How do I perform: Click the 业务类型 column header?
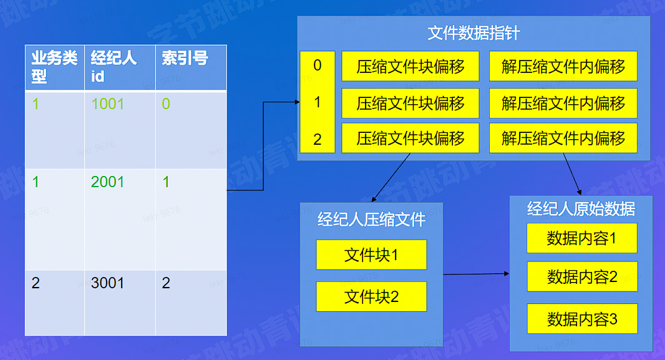coord(54,67)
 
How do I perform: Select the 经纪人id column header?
coord(119,67)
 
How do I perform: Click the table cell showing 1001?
coord(108,104)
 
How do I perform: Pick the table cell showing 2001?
coord(108,182)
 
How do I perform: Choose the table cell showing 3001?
coord(108,283)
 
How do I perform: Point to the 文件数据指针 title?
coord(474,34)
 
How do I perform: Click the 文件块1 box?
coord(371,255)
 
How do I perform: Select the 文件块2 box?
coord(371,297)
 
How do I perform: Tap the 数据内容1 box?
coord(582,238)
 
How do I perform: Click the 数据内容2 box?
coord(582,277)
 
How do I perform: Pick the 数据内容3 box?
coord(582,319)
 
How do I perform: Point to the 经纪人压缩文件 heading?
coord(371,220)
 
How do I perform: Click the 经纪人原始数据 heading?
coord(581,209)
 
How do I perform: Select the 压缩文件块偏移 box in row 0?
coord(410,67)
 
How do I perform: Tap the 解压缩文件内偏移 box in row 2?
coord(563,139)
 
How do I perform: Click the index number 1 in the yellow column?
coord(318,102)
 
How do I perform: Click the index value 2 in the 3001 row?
coord(166,283)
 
